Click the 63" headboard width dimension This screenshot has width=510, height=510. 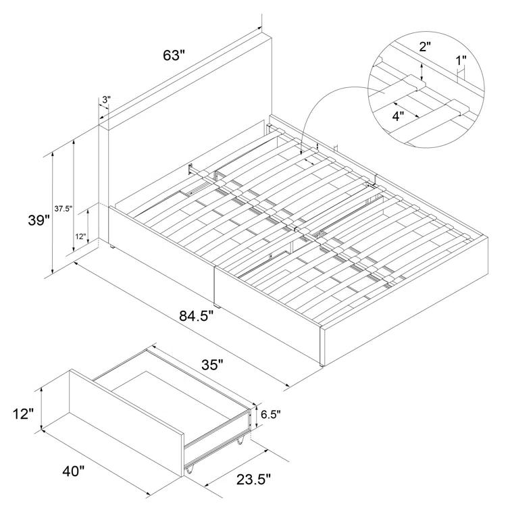(174, 55)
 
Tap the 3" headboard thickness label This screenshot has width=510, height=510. (106, 100)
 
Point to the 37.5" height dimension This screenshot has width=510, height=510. (63, 209)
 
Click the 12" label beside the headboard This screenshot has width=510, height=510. (80, 236)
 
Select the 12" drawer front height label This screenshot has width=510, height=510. (22, 413)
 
